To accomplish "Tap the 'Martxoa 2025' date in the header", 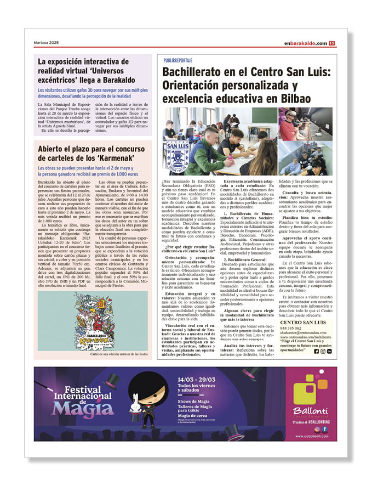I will click(x=47, y=43).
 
